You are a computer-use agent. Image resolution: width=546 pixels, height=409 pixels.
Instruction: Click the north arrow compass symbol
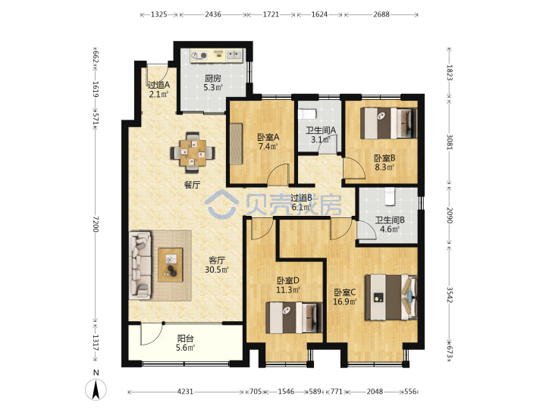[96, 389]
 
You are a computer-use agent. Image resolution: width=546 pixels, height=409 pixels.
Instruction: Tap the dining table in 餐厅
[192, 153]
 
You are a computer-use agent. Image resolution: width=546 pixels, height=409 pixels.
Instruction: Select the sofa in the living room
[140, 265]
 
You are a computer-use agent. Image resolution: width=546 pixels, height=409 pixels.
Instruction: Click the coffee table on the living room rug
[171, 264]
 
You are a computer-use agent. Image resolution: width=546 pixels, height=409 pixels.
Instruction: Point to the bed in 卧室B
[388, 123]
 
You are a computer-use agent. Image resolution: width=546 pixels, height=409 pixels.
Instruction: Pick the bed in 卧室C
[391, 298]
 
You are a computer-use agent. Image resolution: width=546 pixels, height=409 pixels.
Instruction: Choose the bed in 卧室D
[294, 317]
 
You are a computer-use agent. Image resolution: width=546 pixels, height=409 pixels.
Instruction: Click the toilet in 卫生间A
[307, 114]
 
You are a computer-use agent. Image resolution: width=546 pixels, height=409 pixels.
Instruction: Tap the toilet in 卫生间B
[390, 196]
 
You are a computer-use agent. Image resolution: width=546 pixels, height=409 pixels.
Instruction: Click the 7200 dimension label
[96, 224]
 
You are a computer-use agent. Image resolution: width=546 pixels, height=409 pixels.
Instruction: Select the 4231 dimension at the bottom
[185, 392]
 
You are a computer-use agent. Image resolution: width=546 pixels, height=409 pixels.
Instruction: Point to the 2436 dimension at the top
[213, 14]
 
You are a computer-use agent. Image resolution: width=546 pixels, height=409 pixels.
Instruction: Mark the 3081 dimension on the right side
[449, 142]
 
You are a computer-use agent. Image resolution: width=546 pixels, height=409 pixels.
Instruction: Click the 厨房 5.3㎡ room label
[213, 83]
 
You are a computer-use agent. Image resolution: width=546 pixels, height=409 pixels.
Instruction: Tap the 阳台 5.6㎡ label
[185, 343]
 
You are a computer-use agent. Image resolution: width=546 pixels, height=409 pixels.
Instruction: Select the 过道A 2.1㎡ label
[158, 89]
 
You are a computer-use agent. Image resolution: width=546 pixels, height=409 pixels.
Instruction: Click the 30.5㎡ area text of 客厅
[217, 270]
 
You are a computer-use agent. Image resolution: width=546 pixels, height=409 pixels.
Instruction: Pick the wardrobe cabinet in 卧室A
[236, 144]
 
